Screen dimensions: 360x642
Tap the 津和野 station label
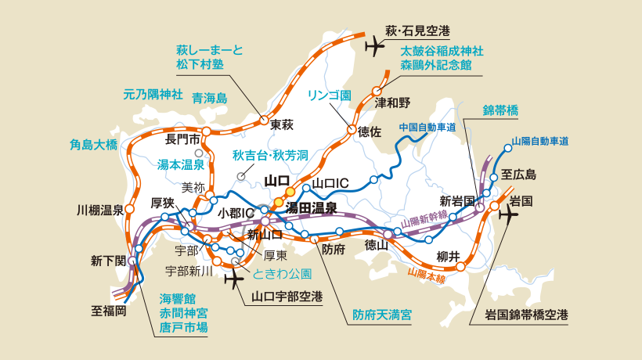point(392,103)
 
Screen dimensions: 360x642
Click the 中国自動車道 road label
point(427,127)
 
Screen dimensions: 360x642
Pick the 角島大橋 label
point(93,144)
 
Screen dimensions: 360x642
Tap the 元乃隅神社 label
point(153,94)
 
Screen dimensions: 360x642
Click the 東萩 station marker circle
point(264,121)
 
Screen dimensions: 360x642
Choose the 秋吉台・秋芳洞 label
point(268,155)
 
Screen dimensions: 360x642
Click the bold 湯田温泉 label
point(311,208)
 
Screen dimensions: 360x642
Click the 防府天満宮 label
point(381,315)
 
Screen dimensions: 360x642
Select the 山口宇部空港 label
point(287,297)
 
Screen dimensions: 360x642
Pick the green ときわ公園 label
point(283,274)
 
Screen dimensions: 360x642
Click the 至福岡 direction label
point(109,310)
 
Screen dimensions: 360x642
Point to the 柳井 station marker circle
point(460,266)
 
